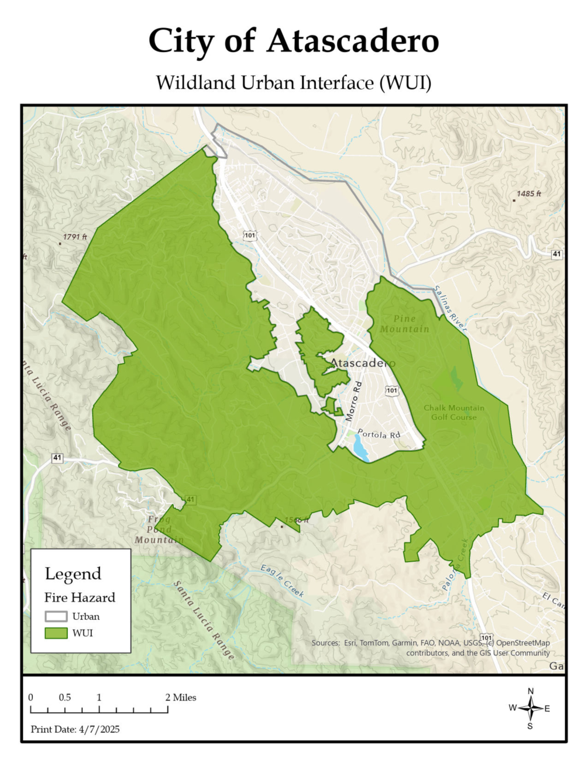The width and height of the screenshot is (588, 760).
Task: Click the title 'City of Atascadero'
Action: tap(294, 41)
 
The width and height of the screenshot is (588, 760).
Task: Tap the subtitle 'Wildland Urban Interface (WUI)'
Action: tap(294, 82)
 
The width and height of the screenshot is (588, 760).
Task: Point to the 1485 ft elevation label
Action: tap(528, 194)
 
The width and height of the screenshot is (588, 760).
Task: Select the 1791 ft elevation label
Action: tap(75, 237)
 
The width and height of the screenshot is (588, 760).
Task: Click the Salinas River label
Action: tap(450, 309)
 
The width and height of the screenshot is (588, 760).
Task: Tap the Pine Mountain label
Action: tap(404, 324)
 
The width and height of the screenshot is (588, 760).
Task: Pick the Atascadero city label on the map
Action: tap(362, 363)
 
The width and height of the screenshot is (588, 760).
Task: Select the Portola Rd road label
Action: tap(379, 434)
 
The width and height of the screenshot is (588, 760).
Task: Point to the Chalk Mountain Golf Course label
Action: tap(454, 412)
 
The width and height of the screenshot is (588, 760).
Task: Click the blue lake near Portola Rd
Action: tap(361, 450)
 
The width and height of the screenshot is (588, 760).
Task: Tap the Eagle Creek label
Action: tap(283, 581)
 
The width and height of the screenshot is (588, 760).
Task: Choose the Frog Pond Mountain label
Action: tap(159, 530)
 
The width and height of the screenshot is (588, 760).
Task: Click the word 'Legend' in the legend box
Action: tap(73, 574)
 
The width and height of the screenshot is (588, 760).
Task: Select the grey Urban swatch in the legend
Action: tap(56, 616)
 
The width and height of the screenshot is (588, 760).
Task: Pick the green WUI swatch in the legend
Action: tap(56, 633)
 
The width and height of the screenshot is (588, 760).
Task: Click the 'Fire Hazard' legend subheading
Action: tap(80, 597)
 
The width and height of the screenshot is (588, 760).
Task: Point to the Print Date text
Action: tap(75, 729)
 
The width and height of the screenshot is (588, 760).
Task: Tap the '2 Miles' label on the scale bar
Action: tap(181, 697)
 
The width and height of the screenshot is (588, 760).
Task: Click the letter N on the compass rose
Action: tap(531, 691)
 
